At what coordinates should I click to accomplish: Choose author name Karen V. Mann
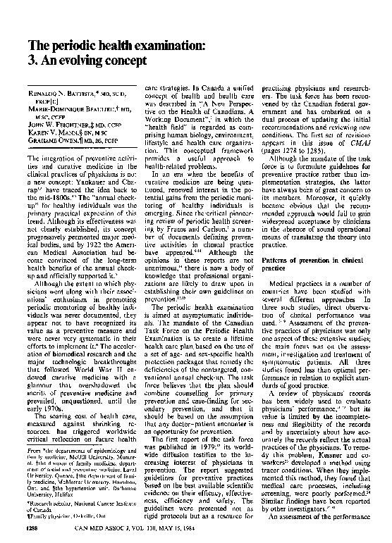(x=55, y=134)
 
